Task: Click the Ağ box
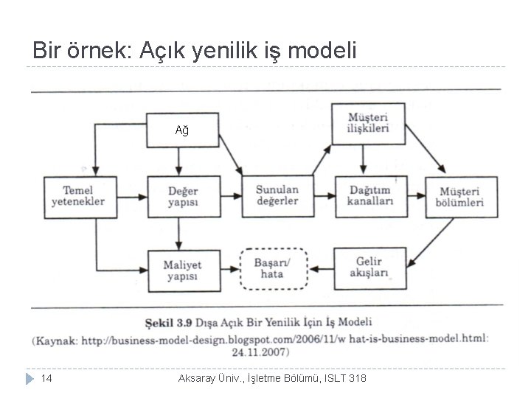183,131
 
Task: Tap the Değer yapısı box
183,196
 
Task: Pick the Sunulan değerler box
277,196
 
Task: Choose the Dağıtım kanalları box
368,196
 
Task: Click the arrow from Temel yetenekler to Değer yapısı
133,196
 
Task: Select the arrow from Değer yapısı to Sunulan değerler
230,196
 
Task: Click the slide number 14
46,378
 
